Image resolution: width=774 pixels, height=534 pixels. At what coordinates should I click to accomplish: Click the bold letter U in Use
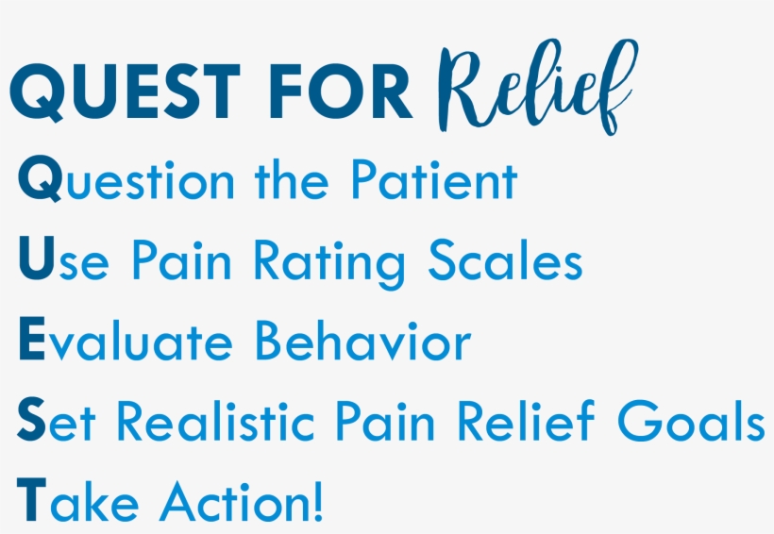(x=35, y=261)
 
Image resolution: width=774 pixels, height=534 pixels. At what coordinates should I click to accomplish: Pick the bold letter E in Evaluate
(x=31, y=342)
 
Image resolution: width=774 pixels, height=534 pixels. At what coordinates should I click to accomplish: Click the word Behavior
(x=363, y=342)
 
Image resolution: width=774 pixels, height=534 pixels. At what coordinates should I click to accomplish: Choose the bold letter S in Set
(x=31, y=422)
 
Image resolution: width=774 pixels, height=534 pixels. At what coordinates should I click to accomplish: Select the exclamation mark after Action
(x=317, y=502)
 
